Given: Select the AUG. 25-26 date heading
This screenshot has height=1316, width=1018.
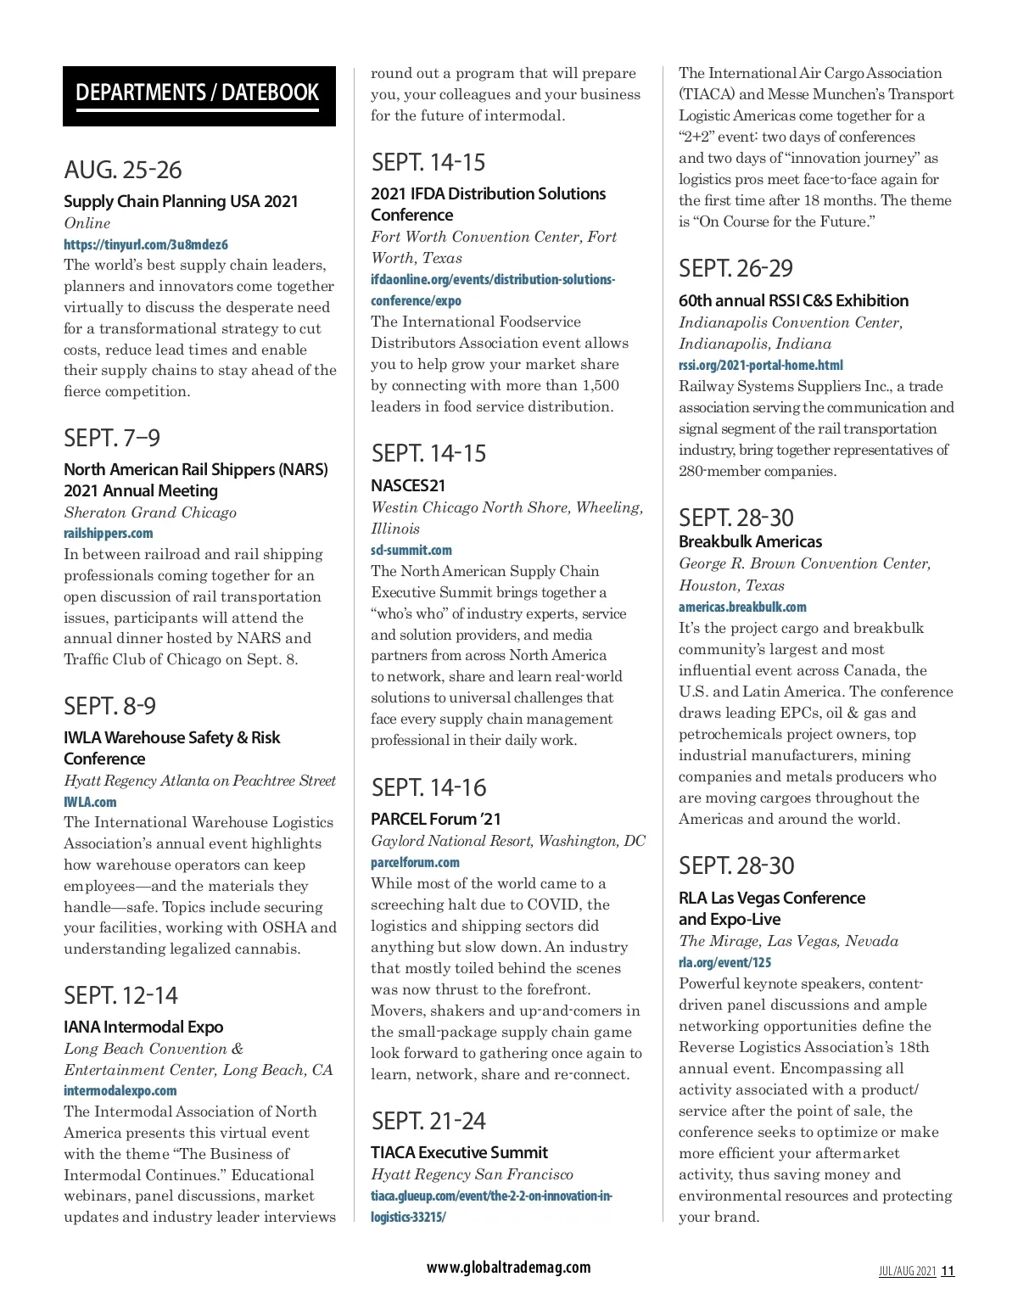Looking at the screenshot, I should pos(123,170).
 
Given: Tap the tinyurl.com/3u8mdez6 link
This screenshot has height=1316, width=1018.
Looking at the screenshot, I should pos(146,244).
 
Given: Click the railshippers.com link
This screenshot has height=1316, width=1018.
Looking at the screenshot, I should pos(109,534).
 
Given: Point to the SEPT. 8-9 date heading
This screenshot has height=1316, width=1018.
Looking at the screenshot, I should pos(110,706).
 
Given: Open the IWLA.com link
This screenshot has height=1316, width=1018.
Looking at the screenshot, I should pos(90,802).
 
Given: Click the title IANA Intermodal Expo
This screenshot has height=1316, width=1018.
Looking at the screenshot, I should pos(143,1027).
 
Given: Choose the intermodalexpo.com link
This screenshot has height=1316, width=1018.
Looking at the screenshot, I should pos(120,1091).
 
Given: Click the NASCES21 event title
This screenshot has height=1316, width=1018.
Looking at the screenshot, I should pos(408,485).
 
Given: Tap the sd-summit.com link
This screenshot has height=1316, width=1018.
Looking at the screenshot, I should pos(411,550).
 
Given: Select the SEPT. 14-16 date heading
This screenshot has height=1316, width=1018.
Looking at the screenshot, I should pos(429,787).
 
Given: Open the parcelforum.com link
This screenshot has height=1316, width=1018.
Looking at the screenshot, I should pos(416,863).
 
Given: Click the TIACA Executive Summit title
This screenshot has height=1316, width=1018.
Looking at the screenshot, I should pos(459,1152).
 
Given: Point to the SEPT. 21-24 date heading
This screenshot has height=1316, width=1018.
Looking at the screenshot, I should pos(429,1121).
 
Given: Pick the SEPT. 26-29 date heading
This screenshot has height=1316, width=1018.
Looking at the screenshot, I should pos(736,268).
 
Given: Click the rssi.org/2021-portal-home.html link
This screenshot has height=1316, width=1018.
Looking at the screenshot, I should pos(761,366).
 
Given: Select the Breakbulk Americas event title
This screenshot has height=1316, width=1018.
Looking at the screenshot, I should pos(751,541).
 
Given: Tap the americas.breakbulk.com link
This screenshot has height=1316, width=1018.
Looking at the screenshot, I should pos(742,608).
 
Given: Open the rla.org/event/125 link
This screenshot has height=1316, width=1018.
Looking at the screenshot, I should pos(725,963).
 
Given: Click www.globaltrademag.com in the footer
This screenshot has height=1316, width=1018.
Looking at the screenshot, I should pos(509,1268).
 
